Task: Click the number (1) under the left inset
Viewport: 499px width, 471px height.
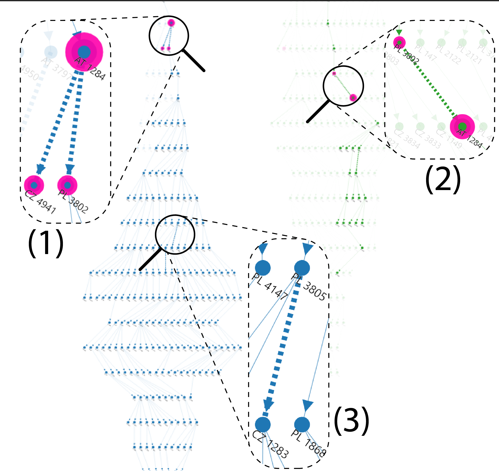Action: (x=46, y=243)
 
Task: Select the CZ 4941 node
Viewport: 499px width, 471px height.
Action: (x=34, y=185)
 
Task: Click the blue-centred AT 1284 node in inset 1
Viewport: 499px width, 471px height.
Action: (x=84, y=52)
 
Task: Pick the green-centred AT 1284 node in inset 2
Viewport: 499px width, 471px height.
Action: (x=462, y=127)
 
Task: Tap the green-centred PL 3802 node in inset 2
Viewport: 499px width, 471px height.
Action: (x=399, y=42)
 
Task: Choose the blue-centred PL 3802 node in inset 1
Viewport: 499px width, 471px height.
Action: (x=67, y=185)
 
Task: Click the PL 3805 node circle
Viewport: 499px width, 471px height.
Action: (x=302, y=268)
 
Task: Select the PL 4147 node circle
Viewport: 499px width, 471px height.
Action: (x=263, y=268)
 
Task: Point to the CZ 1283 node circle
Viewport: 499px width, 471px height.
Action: (x=263, y=425)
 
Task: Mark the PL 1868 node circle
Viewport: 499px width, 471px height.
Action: (x=302, y=425)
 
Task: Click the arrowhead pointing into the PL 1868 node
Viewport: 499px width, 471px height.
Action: (x=307, y=406)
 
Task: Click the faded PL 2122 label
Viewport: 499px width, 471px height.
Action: (x=448, y=54)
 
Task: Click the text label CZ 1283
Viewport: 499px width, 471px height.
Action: (x=270, y=444)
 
